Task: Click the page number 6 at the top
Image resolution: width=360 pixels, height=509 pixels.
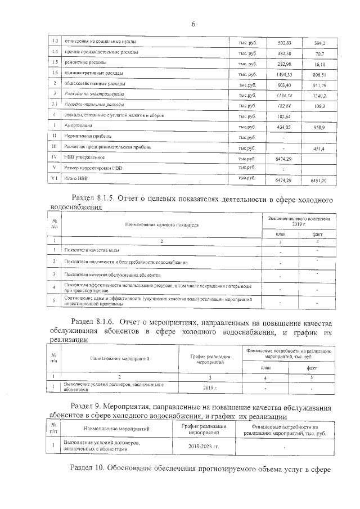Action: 193,24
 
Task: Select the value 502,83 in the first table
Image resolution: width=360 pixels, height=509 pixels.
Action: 285,43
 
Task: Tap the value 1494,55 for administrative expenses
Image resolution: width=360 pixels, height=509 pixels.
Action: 285,73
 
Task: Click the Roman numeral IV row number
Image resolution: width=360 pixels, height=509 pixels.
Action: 55,157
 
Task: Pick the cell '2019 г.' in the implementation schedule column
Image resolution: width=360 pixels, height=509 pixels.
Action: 210,388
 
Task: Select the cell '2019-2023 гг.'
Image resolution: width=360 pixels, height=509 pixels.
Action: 203,446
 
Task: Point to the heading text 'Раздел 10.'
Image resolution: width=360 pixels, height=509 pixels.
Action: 90,467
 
